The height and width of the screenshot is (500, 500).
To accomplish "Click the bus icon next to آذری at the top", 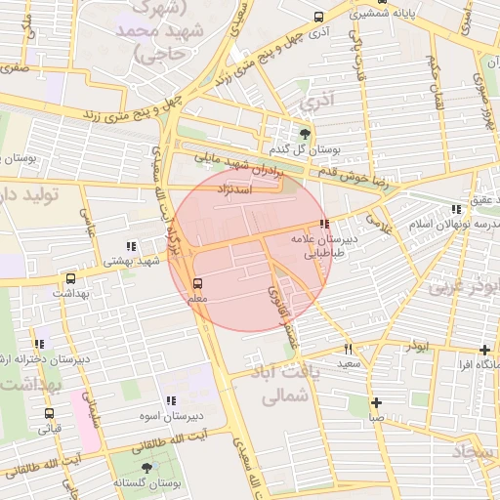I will click(319, 17).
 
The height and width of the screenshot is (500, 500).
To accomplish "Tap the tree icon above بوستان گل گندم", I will click(306, 134).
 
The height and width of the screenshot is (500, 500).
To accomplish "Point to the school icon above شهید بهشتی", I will click(132, 246).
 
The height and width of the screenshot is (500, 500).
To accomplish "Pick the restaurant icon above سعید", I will click(348, 350).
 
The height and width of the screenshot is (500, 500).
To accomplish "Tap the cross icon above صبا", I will click(375, 402).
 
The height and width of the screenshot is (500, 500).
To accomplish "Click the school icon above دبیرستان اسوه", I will click(171, 400).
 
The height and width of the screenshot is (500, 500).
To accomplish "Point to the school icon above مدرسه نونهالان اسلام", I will click(456, 209).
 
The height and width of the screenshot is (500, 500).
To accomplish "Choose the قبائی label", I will click(49, 428).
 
